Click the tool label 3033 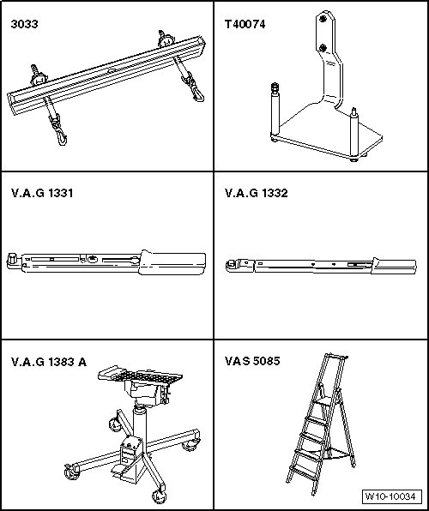point(24,24)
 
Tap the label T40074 point(245,24)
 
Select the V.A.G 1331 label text point(42,193)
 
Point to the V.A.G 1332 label point(256,193)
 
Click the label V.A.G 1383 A point(49,362)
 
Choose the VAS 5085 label point(252,361)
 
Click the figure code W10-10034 point(390,496)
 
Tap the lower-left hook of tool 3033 point(61,138)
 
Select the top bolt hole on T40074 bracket point(323,19)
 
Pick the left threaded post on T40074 point(275,110)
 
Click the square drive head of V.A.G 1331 point(12,260)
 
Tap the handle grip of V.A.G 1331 point(172,263)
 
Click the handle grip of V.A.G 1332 point(394,265)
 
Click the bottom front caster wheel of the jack point(160,497)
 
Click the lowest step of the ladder point(304,472)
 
